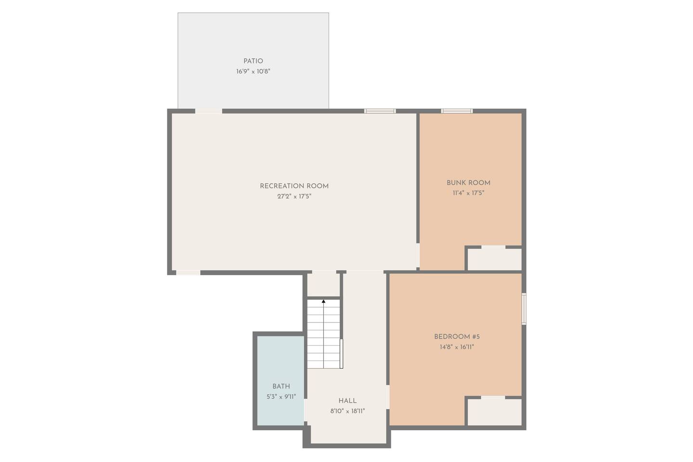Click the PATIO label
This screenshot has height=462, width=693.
coord(253,61)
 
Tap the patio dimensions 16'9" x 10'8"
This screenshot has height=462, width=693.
coord(253,72)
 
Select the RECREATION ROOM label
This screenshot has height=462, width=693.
coord(294,186)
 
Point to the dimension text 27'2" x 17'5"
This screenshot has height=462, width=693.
coord(294,196)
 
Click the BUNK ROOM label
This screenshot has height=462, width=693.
coord(468,183)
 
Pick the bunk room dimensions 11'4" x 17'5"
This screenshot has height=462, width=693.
coord(468,193)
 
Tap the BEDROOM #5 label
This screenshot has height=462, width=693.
coord(457,337)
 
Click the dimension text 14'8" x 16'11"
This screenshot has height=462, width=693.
coord(457,347)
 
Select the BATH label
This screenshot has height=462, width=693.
coord(281,386)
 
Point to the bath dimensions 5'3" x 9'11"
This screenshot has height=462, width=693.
coord(281,397)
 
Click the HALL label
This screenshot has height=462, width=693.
coord(347,401)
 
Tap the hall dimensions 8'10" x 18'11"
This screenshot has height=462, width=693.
coord(347,411)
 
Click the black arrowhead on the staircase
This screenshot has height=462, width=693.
coord(323,301)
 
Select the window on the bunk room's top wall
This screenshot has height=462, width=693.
coord(457,111)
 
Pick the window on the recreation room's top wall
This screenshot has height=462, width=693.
coord(380,111)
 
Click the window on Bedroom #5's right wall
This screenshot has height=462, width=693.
coord(524,309)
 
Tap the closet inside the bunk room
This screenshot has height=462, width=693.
coord(494,259)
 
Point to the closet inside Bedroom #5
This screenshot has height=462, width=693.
coord(494,412)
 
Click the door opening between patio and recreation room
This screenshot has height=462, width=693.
coord(208,111)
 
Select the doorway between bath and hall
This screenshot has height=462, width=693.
coord(306,410)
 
